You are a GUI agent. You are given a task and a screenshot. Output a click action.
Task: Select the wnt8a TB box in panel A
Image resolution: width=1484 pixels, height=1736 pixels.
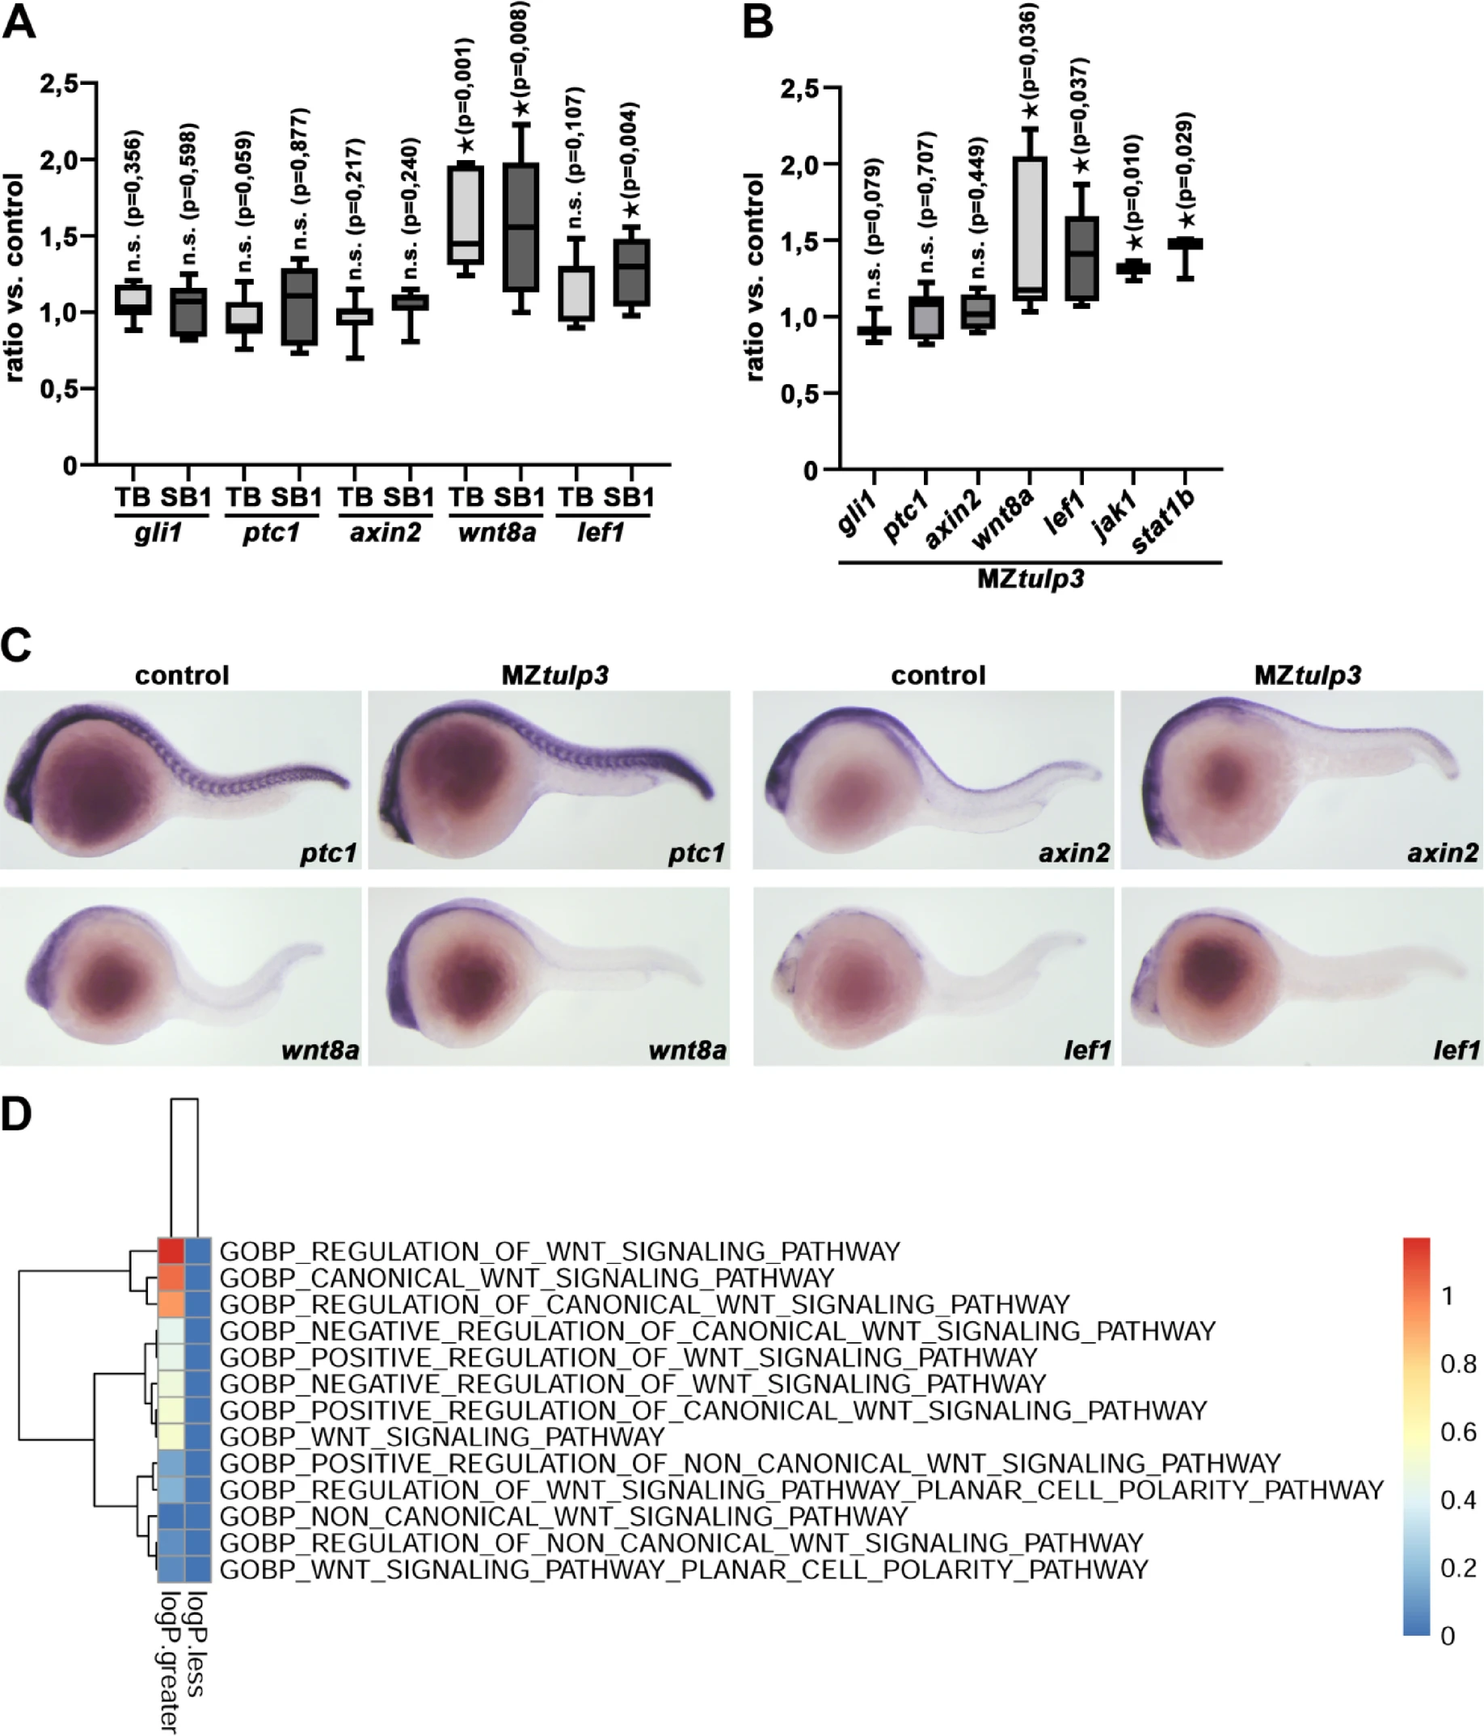466,214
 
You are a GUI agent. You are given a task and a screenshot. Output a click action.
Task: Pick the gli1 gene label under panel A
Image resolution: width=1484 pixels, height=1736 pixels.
158,532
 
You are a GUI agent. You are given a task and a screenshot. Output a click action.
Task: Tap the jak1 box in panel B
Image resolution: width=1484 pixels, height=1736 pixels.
1132,268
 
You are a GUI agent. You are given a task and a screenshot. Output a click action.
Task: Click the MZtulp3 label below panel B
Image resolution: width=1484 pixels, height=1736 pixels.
1030,579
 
